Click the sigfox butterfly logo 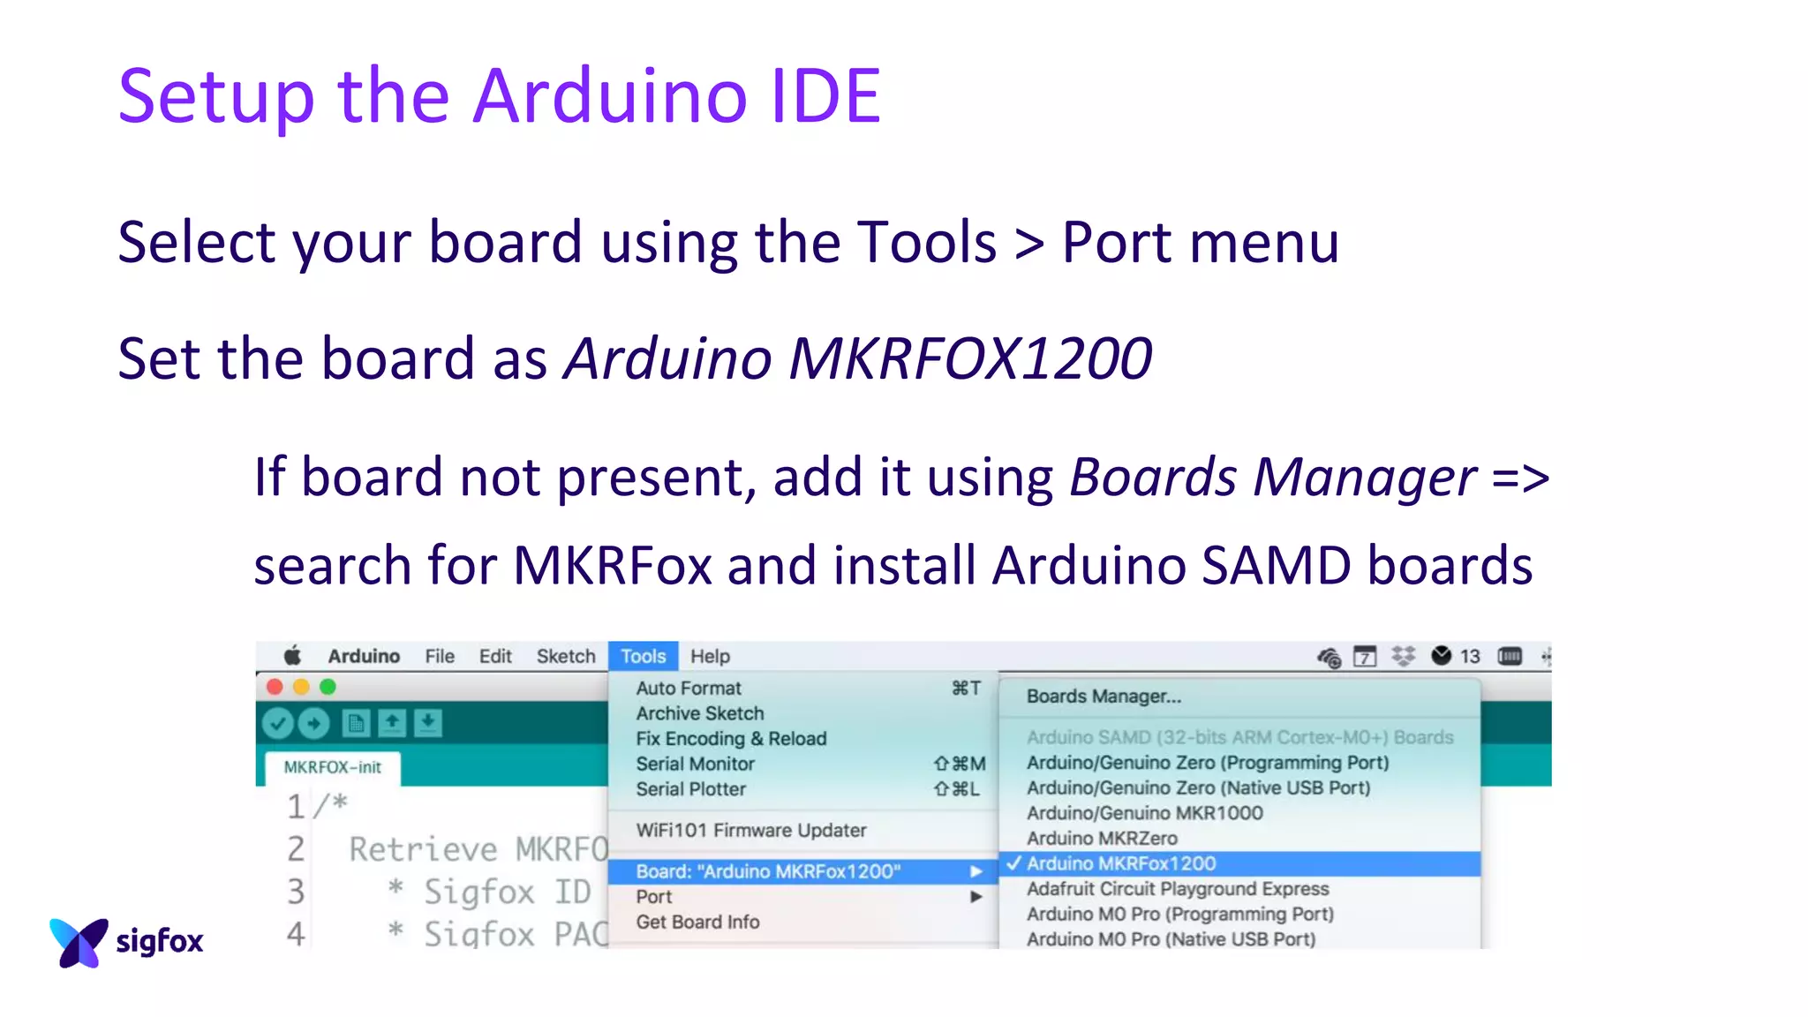[79, 942]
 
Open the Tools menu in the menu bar [643, 656]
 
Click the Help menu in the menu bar [710, 656]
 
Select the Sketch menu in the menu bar [566, 656]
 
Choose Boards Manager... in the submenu [1104, 697]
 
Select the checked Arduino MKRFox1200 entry [1121, 863]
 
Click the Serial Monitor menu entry [696, 764]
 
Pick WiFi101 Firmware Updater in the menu [751, 830]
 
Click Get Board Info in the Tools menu [697, 922]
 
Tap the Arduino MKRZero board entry [1102, 838]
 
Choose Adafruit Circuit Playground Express [1178, 889]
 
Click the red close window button [275, 687]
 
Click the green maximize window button [328, 687]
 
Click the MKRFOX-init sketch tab [333, 767]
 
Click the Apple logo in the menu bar [292, 656]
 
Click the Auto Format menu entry [689, 688]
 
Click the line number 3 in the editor [296, 892]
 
